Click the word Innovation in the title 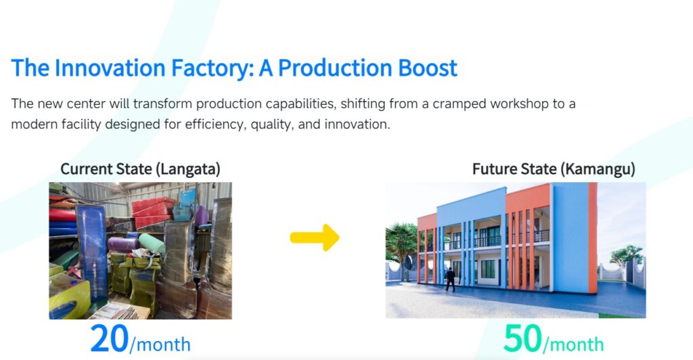click(x=110, y=68)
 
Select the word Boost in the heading click(x=428, y=68)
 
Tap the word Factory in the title click(x=212, y=69)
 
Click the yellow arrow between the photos click(x=315, y=238)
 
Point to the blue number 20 click(x=110, y=339)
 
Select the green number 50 click(x=522, y=339)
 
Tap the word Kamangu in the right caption click(x=600, y=169)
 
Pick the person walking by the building click(x=450, y=279)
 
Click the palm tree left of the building click(x=401, y=248)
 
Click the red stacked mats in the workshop click(x=152, y=212)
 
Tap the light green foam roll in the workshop click(x=151, y=243)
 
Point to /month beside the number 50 click(x=573, y=344)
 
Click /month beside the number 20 click(x=160, y=344)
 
